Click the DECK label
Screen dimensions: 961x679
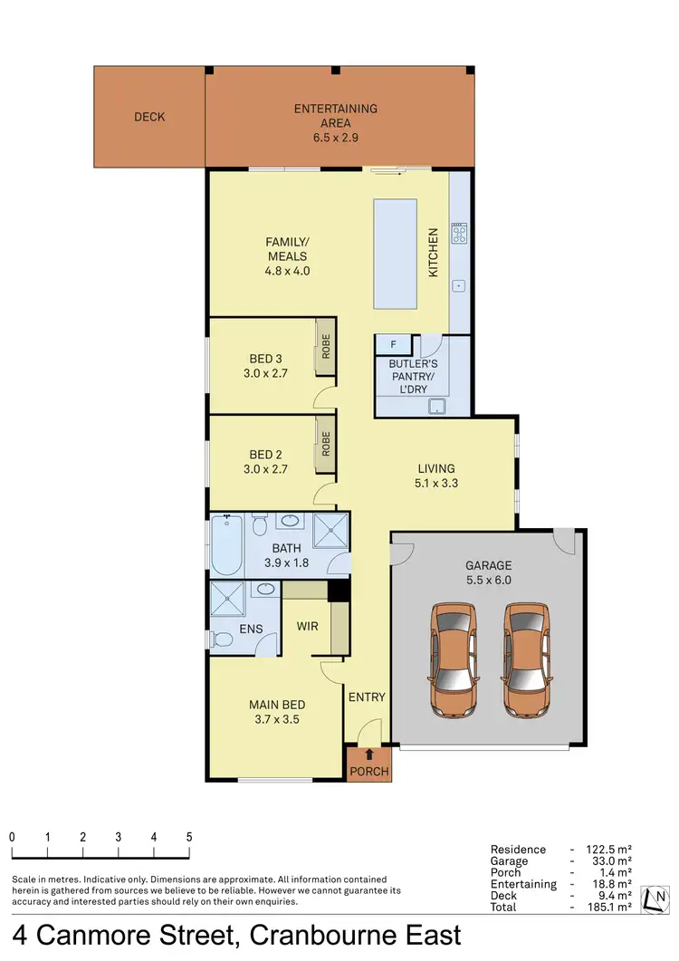coord(149,117)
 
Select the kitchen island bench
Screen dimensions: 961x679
coord(396,254)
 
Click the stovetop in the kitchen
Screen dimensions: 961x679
coord(460,235)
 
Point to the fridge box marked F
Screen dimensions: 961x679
coord(393,345)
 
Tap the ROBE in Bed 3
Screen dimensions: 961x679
coord(325,346)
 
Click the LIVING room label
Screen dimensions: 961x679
coord(435,468)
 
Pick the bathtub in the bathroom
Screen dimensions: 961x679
coord(226,546)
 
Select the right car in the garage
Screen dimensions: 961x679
coord(525,658)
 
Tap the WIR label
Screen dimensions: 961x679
coord(308,626)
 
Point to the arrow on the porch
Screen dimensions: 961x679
coord(369,754)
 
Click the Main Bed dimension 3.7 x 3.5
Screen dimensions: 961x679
coord(276,720)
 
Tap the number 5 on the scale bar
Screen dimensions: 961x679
coord(189,837)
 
